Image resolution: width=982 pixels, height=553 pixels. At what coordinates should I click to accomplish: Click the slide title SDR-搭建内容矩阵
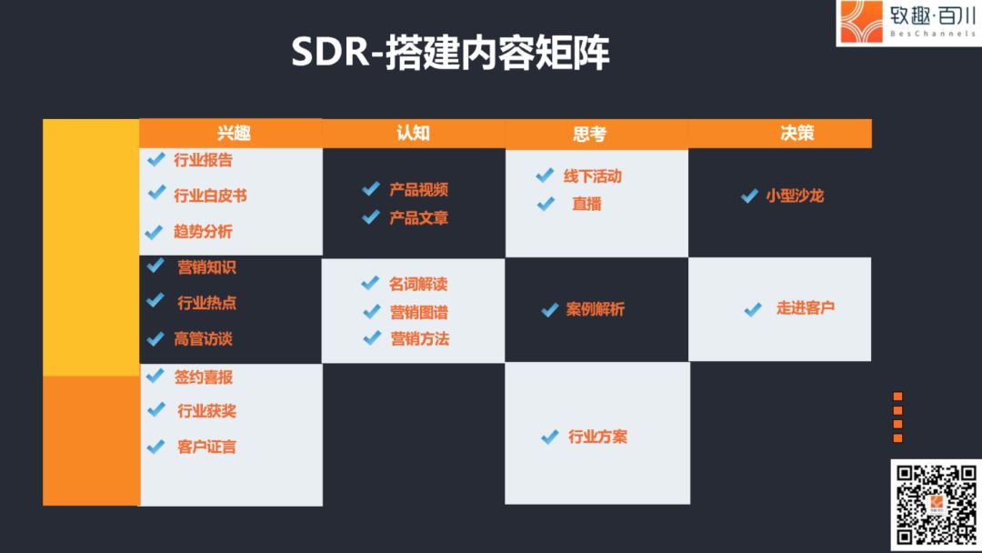[450, 52]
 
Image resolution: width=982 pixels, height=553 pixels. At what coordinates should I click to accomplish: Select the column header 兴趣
[234, 133]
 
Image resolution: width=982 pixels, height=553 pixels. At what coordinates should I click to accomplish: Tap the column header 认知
[414, 133]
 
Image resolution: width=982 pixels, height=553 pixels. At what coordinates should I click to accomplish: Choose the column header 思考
[589, 134]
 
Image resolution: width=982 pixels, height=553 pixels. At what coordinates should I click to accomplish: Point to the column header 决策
[797, 133]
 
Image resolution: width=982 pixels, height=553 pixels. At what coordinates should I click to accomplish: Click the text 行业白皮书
[210, 196]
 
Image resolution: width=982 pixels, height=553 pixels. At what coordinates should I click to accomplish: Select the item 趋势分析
[203, 232]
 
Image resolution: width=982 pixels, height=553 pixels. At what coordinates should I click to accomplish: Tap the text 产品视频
[418, 189]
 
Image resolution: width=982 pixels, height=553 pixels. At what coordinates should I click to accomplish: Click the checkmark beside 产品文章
[371, 216]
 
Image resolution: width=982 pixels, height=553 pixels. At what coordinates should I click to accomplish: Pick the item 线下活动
[593, 176]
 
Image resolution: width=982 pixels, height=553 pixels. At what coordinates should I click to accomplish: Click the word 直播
[586, 204]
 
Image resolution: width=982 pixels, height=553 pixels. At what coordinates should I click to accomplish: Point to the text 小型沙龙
[795, 196]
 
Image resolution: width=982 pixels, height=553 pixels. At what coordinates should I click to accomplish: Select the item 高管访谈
[203, 339]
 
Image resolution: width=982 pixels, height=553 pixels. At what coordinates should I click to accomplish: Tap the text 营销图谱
[419, 312]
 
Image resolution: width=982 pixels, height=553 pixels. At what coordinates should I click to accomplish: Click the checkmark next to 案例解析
[550, 309]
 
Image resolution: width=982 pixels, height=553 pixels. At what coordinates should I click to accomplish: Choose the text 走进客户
[806, 307]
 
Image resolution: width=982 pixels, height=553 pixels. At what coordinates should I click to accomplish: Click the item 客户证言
[206, 447]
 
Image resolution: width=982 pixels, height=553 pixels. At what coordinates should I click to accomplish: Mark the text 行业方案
[597, 437]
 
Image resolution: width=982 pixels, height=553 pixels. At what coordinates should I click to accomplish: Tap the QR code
[937, 505]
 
